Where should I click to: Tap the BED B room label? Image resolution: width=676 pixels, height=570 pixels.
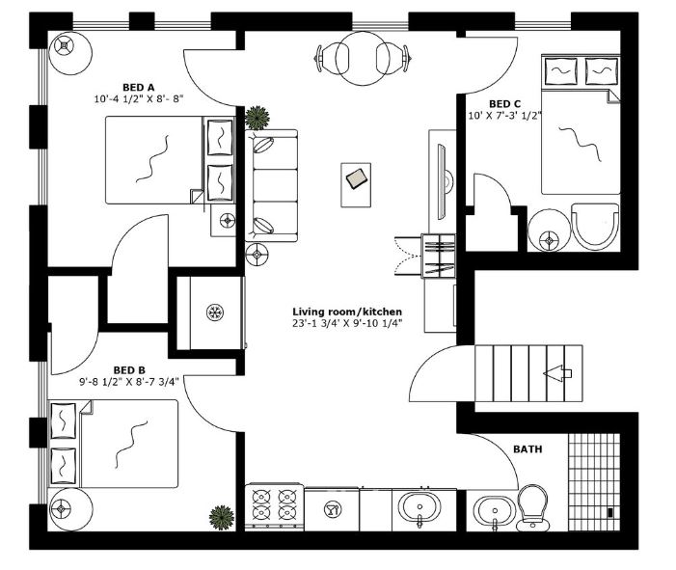pos(129,368)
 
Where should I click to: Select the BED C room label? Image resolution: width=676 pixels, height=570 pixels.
pos(504,104)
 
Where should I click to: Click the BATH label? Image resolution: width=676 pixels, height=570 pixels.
pos(527,449)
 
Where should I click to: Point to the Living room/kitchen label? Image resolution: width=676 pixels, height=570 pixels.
pos(347,312)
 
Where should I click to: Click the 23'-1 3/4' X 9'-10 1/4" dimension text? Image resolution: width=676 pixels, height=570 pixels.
pos(347,324)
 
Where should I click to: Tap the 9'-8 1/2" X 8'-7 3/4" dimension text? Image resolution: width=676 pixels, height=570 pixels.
pos(129,381)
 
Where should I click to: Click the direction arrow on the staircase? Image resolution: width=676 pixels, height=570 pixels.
pos(557,372)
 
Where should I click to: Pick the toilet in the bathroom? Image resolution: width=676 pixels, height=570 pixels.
pos(531,509)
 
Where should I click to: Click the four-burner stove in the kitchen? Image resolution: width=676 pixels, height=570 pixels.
pos(274,506)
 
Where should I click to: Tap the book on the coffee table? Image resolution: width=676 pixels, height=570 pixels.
pos(357,178)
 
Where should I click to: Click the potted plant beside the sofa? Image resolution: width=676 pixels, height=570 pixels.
pos(257,118)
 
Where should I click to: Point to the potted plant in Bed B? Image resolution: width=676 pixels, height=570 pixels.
pos(222,516)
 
